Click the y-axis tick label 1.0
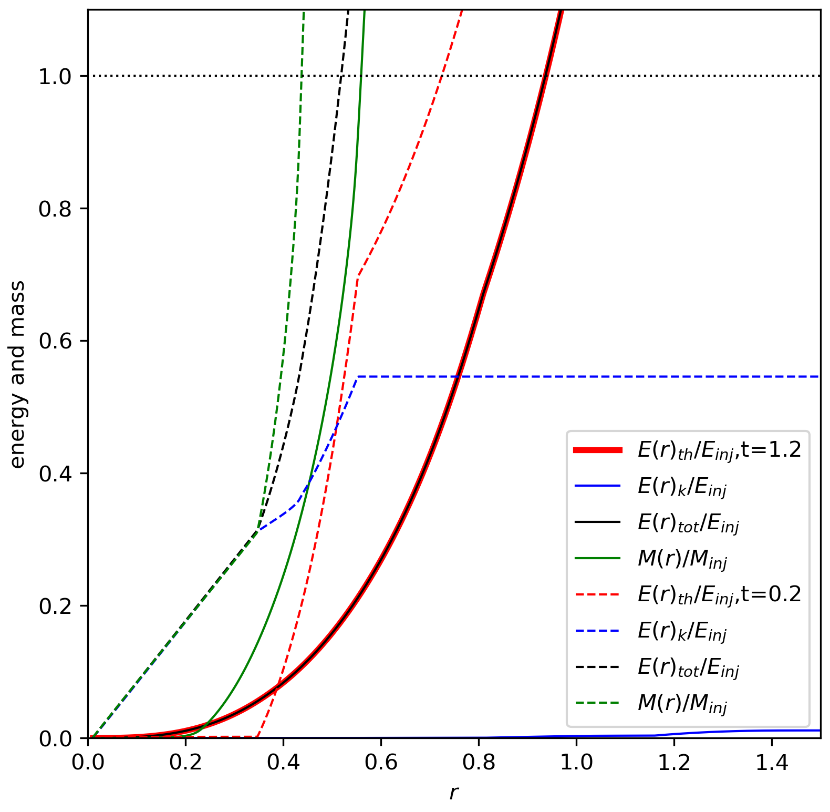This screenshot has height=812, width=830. coord(54,77)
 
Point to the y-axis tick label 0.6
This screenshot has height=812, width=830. coord(54,341)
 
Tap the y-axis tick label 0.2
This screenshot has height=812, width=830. coord(54,606)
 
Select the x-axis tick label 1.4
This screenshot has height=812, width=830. coord(772,762)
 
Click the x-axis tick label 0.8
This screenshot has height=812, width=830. coord(479,762)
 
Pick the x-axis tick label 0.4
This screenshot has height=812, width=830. coord(283,762)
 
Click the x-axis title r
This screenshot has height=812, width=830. coord(454,793)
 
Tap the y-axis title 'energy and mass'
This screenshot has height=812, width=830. coord(17,374)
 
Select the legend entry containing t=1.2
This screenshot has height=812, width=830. coord(688,450)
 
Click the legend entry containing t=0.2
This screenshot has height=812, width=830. coord(688,594)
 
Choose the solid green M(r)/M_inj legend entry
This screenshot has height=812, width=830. coord(651,559)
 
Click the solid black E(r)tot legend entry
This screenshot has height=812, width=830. coord(657,522)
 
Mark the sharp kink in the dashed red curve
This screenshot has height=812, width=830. coord(358,276)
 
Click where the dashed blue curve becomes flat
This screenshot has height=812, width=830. coord(357,377)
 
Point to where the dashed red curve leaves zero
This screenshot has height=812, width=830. coord(257,736)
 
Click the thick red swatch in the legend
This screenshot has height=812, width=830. coord(598,450)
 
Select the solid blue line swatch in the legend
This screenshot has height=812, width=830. coord(598,486)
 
